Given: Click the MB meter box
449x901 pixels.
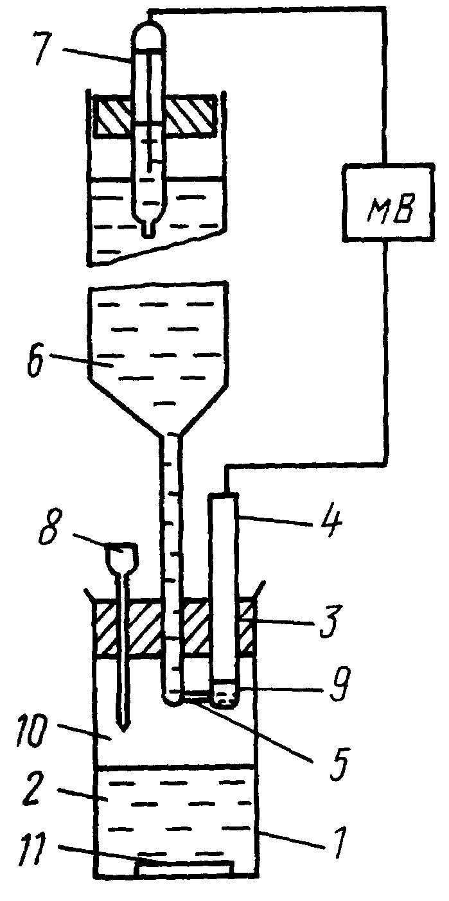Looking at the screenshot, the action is (388, 202).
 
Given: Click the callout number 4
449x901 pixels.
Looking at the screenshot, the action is (330, 525).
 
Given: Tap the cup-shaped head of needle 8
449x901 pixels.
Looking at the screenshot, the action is (121, 555).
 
